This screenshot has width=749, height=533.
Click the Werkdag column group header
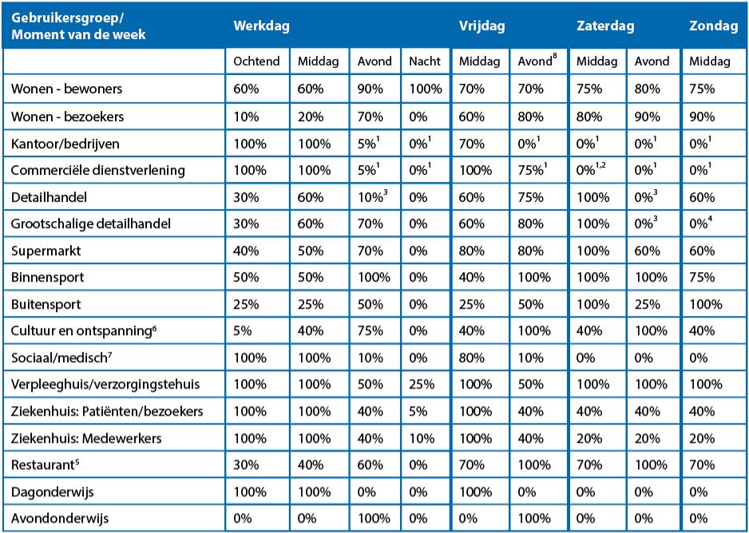point(260,26)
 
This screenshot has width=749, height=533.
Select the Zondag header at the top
point(713,26)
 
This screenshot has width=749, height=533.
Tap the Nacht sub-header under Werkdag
point(424,61)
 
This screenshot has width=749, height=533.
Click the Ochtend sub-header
point(256,61)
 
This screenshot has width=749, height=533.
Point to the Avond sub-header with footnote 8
point(536,61)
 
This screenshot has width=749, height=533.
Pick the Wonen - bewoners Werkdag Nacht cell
point(425,89)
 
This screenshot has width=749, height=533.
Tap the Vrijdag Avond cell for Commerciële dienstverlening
point(536,170)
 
